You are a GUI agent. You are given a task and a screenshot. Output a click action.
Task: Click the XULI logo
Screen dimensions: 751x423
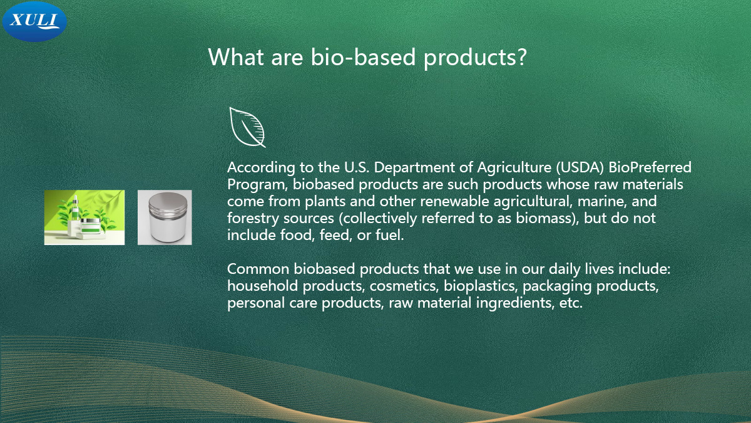click(x=34, y=22)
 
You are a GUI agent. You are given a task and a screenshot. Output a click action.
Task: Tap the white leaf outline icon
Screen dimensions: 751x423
click(x=247, y=127)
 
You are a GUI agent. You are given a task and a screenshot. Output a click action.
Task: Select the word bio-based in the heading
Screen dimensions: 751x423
click(x=363, y=56)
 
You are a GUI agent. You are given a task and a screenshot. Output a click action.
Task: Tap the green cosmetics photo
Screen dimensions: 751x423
click(x=84, y=217)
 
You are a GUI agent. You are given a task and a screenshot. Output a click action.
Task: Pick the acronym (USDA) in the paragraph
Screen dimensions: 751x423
click(x=580, y=167)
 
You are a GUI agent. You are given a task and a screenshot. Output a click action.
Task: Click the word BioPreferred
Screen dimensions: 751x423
click(x=650, y=167)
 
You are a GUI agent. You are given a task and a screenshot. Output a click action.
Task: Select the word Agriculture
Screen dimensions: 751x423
click(x=514, y=167)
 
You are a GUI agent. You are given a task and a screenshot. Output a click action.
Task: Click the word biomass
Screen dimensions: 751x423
click(x=543, y=218)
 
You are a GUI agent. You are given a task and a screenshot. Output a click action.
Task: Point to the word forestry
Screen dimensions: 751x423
click(x=253, y=218)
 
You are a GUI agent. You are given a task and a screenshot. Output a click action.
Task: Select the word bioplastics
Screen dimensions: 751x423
click(x=481, y=286)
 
